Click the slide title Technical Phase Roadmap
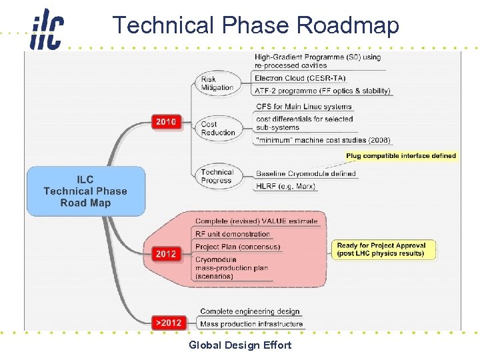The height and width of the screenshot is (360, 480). pos(255,25)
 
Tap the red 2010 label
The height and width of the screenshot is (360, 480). pos(166,121)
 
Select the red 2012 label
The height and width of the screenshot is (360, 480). pos(166,253)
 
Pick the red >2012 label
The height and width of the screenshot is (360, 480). pos(167,323)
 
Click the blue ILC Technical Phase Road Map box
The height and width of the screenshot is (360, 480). pos(85,191)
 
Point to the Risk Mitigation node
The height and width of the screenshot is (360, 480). pos(217,83)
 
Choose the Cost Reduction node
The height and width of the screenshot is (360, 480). pos(218,128)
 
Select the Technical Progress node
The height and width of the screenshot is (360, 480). pos(217,176)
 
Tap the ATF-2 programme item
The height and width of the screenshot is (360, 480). pos(323,91)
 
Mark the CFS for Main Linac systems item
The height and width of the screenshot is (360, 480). pos(303,107)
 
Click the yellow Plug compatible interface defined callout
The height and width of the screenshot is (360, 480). pos(401,156)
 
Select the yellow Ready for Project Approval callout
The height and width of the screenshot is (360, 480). pos(381,249)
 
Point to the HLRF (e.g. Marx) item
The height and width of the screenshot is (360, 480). pos(285,186)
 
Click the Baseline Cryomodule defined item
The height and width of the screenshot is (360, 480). pos(305,174)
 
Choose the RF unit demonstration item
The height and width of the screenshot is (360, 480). pos(233,234)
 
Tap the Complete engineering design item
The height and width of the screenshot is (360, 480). pos(250,311)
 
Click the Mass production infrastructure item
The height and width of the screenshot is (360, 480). pos(251,324)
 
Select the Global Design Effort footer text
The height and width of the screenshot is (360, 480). pos(240,345)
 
